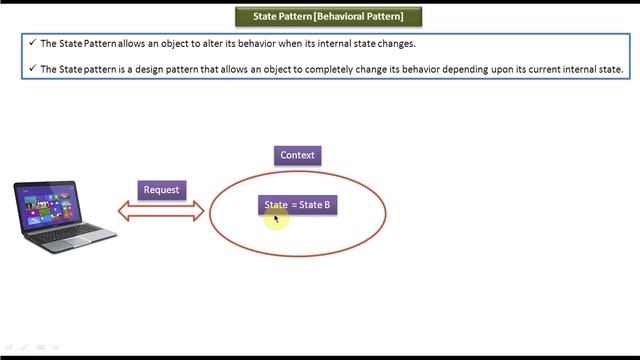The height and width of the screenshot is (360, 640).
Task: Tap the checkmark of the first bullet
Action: [x=32, y=43]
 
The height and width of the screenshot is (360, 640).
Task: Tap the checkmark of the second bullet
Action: [x=32, y=69]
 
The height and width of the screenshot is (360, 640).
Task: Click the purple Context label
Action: [x=298, y=155]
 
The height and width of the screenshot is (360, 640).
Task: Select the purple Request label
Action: [x=161, y=189]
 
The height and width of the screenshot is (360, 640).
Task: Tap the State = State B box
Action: [x=297, y=205]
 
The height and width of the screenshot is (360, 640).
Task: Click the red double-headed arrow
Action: [x=161, y=211]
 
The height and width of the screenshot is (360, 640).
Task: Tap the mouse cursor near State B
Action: [x=276, y=217]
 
